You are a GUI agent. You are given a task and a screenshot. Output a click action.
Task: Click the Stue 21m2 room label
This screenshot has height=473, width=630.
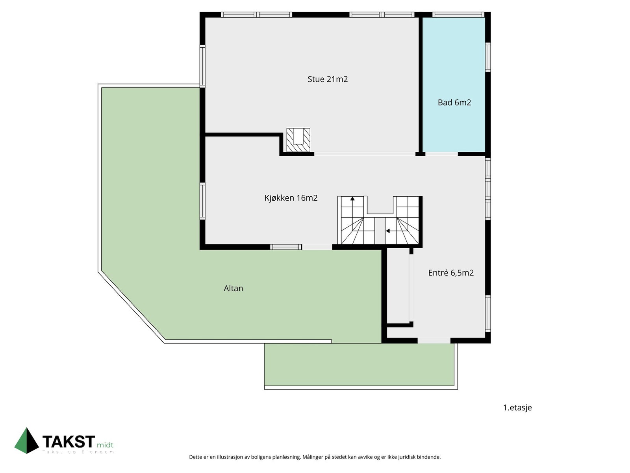327,79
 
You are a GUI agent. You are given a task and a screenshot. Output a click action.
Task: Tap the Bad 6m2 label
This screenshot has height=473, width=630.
454,102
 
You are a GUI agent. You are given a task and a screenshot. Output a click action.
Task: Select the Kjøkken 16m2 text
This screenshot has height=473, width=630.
291,198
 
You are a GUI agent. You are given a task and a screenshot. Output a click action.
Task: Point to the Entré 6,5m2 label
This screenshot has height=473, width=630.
450,273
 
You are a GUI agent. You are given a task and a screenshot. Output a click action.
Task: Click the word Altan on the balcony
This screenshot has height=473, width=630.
233,289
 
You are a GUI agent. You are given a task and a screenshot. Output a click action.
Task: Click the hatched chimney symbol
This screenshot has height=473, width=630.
298,140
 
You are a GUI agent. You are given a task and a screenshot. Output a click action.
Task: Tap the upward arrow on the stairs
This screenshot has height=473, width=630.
352,199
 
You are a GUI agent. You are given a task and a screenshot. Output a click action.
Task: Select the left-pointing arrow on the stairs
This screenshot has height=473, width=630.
388,231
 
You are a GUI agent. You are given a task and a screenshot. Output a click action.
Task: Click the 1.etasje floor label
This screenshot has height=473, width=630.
517,408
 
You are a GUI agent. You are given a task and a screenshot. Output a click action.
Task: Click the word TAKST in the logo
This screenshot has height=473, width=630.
69,442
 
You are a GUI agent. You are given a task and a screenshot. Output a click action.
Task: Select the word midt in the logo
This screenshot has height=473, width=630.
105,445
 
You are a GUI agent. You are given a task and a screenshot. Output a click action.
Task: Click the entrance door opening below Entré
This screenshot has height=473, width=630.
434,340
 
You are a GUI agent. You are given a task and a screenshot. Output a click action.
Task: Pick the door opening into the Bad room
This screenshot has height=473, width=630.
441,154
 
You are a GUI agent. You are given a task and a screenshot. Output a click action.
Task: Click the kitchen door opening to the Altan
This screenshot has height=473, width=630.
317,247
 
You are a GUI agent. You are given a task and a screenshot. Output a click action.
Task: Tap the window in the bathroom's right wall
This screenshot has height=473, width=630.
488,57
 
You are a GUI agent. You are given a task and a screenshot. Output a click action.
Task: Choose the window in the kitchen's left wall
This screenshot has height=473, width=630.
202,201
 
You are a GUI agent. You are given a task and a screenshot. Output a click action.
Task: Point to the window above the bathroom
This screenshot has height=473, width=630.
458,15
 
